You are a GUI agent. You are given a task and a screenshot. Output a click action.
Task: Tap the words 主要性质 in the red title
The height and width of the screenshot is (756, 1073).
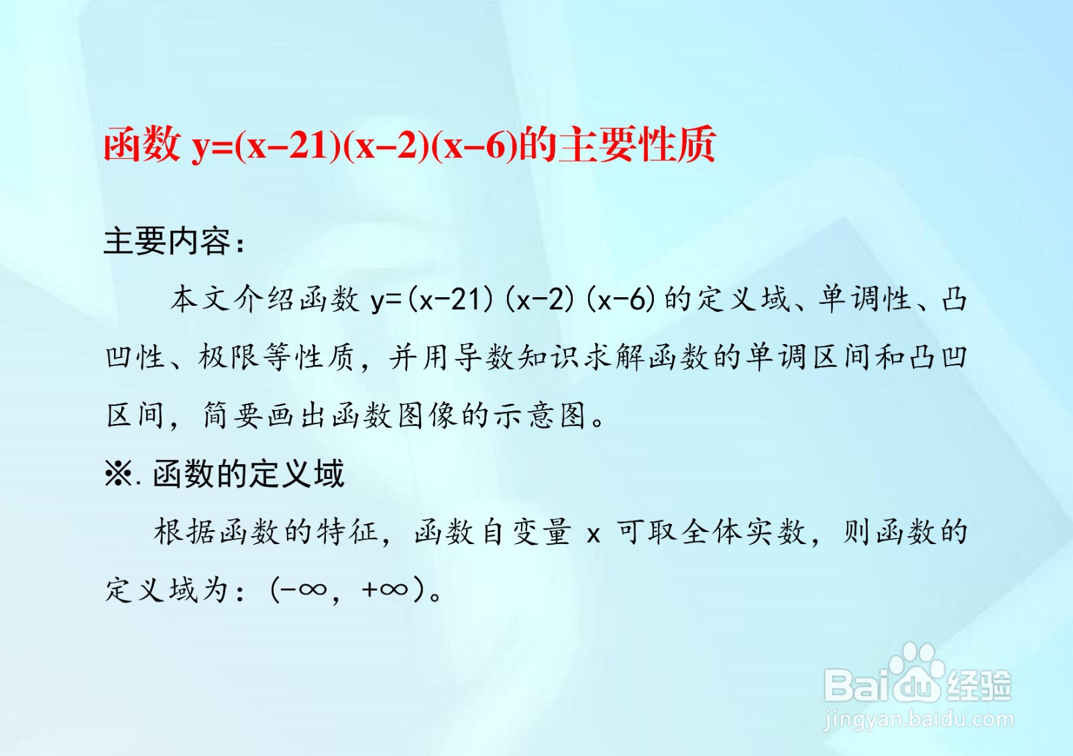click(x=637, y=145)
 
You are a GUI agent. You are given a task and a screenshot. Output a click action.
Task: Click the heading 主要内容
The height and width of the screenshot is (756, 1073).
click(x=168, y=241)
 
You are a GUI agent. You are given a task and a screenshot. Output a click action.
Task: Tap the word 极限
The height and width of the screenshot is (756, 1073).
click(x=229, y=357)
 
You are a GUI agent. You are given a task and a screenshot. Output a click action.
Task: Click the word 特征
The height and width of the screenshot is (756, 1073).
click(x=349, y=532)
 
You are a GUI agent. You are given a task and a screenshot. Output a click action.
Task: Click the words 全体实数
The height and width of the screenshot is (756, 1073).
click(x=744, y=532)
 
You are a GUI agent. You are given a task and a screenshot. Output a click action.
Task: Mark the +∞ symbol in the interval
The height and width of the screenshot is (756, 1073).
click(x=385, y=590)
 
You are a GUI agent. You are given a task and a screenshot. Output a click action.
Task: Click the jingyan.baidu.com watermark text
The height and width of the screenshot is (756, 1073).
click(x=919, y=720)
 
